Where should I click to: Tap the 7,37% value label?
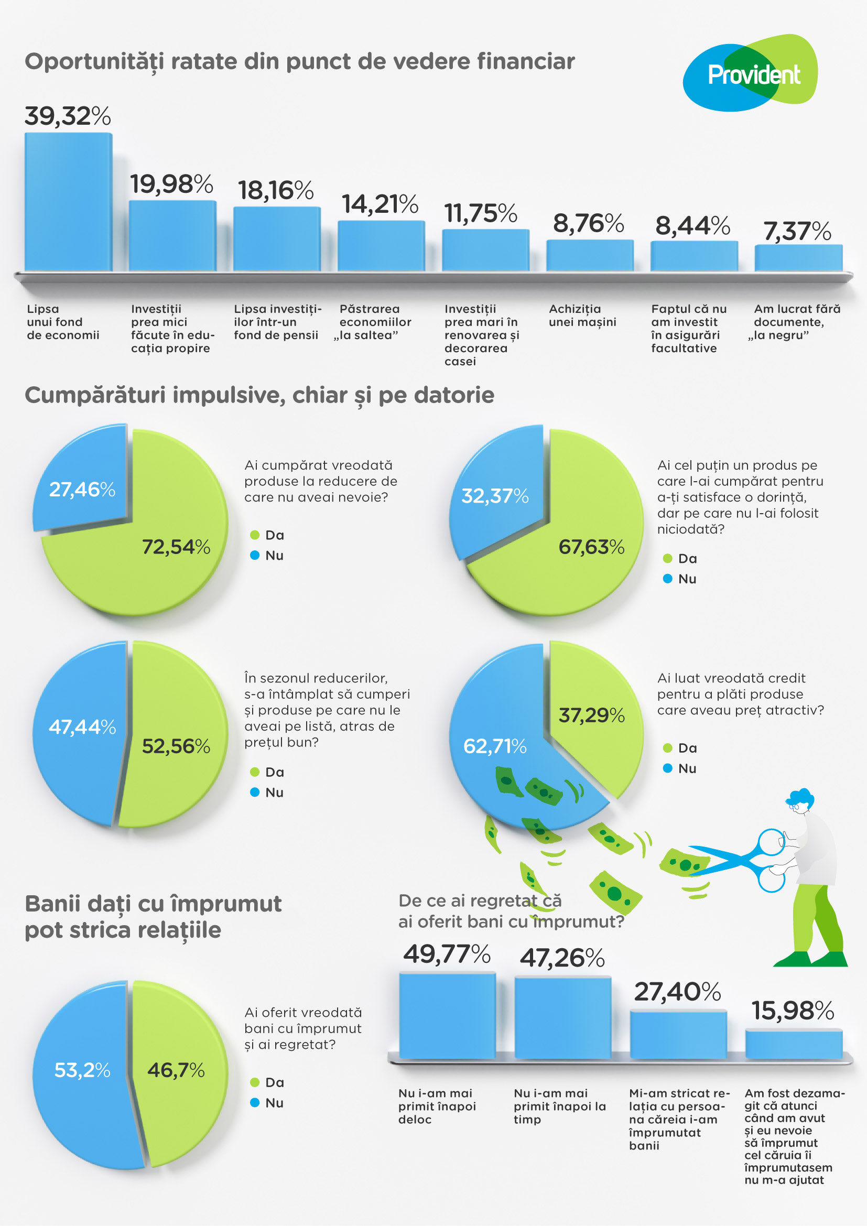797,231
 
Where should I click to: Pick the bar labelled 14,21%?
381,246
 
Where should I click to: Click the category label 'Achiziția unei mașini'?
582,316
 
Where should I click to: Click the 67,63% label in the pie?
591,547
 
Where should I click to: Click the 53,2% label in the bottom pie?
82,1070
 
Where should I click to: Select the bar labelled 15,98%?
793,1045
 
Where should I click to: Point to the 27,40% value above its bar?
677,992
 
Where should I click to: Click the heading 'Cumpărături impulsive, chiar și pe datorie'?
259,395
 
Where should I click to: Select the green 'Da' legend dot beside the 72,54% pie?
255,535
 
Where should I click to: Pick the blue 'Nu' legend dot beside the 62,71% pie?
667,768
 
